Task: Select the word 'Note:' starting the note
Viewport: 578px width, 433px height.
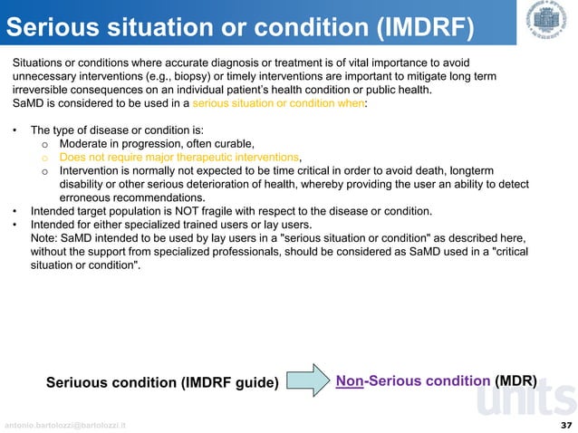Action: [45, 238]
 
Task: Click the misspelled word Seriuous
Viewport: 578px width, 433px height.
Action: [79, 383]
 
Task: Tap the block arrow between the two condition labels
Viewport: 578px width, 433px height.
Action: [309, 380]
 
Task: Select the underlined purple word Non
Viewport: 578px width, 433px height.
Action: [350, 381]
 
